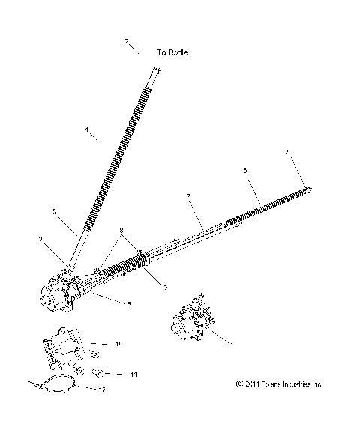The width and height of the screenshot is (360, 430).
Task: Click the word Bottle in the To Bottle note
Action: [178, 53]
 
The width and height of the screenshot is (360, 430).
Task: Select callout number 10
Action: [120, 344]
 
